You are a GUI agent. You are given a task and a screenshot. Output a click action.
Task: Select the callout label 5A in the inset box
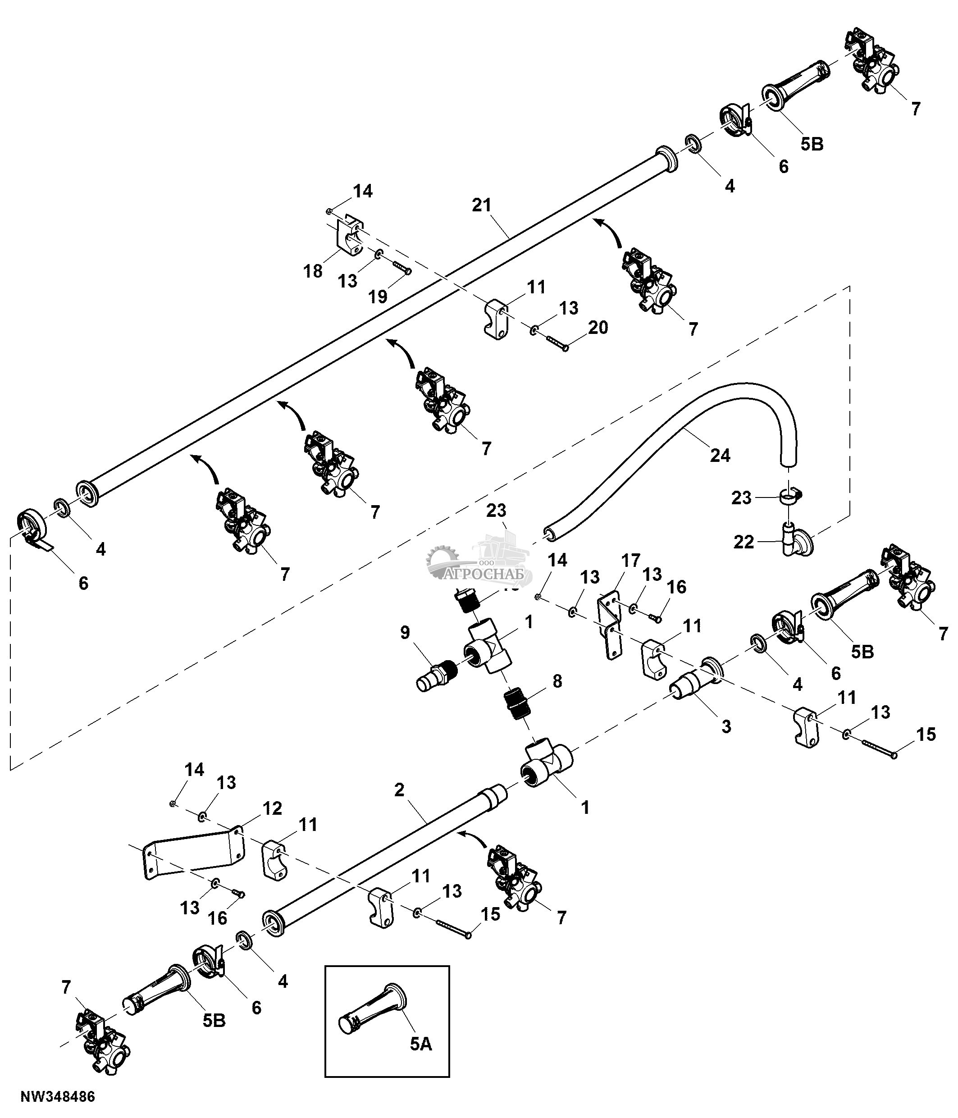point(421,1044)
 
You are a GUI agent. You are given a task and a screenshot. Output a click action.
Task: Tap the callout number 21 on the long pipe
point(482,205)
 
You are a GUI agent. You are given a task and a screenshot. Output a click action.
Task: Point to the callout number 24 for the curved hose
point(720,456)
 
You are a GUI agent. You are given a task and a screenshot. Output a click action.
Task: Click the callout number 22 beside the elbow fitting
point(744,542)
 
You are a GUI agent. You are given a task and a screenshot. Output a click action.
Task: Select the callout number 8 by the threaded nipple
point(557,681)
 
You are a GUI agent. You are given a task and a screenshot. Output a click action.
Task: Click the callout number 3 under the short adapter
point(726,727)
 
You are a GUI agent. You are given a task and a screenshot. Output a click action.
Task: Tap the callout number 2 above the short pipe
point(399,790)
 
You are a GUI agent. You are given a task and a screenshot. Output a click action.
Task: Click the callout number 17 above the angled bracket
point(630,561)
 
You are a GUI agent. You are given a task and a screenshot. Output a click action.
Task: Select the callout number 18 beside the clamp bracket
point(313,271)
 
